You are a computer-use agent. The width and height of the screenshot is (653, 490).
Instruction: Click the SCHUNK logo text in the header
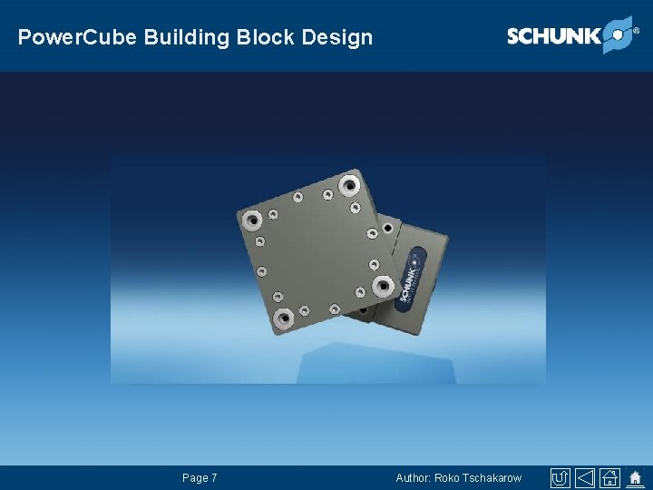click(553, 36)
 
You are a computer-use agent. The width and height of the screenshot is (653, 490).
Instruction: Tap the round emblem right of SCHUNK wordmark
click(617, 34)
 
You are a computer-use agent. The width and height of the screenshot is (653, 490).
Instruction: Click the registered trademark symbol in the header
click(636, 30)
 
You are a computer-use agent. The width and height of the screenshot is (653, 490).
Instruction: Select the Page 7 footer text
click(200, 478)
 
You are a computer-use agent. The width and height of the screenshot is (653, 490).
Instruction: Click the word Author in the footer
click(414, 478)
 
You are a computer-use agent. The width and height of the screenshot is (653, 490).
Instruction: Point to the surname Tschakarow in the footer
click(492, 478)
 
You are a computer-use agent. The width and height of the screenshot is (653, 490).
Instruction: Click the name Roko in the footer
click(447, 478)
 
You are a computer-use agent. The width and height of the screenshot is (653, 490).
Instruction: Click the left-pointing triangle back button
click(586, 478)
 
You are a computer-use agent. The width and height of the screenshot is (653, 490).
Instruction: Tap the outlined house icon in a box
click(610, 478)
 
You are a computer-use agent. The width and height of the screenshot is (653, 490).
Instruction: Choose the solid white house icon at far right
click(636, 477)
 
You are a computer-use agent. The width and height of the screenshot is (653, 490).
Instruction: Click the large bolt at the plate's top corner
click(348, 186)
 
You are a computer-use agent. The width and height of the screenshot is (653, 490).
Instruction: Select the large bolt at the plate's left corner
click(253, 219)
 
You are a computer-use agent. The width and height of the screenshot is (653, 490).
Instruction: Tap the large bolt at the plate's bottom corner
click(284, 318)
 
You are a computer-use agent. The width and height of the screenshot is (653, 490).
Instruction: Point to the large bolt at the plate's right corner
click(383, 287)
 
